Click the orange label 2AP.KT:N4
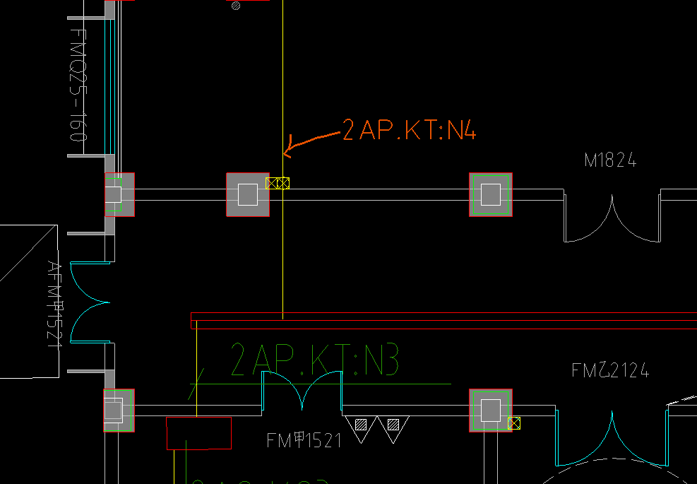[x=409, y=130]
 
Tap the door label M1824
[x=610, y=161]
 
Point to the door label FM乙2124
[x=610, y=370]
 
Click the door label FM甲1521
[x=304, y=441]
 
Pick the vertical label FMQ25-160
[x=78, y=85]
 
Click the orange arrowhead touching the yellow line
[x=285, y=152]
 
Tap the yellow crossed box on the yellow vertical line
[x=283, y=183]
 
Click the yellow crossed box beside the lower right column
[x=514, y=423]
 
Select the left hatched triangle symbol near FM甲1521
[x=361, y=427]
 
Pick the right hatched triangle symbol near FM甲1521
[x=393, y=427]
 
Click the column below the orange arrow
[x=248, y=194]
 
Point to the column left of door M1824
[x=490, y=194]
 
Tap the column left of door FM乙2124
[x=490, y=410]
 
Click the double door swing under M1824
[x=612, y=219]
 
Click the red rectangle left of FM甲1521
[x=198, y=433]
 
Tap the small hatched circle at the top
[x=236, y=6]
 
